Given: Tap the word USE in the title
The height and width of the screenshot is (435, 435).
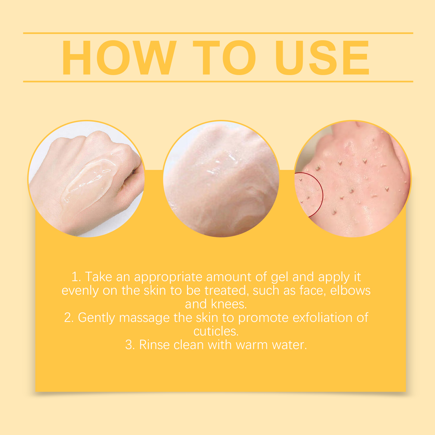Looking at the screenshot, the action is point(322,57).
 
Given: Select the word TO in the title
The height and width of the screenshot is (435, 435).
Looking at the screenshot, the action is point(225,57).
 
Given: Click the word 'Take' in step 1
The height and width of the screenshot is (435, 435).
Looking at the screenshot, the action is point(98,277).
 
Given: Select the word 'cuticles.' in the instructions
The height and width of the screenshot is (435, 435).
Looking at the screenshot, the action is point(216,331).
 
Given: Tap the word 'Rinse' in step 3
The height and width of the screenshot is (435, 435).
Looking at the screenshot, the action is point(154,345).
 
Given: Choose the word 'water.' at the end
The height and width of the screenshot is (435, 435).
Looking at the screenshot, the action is point(289,345).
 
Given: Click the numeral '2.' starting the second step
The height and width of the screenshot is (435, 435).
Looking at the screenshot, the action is point(69,318).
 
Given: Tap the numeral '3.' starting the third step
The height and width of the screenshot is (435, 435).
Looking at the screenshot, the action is point(130,345).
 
